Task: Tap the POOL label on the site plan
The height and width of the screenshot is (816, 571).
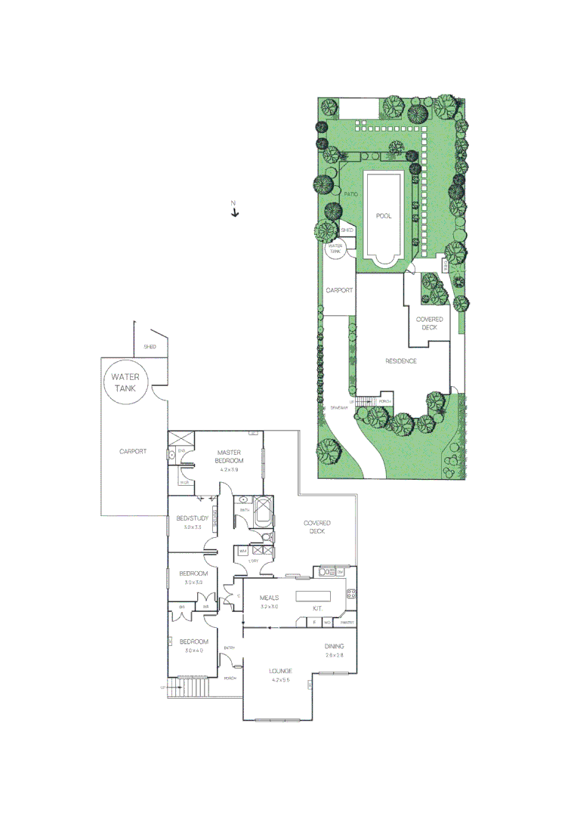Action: pos(384,216)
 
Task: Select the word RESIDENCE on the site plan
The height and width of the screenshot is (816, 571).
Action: pos(401,361)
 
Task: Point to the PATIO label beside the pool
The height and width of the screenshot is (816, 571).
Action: pos(350,194)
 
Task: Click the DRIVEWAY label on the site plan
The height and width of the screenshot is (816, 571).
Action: pos(339,408)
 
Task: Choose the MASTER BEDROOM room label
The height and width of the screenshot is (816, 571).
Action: pos(230,456)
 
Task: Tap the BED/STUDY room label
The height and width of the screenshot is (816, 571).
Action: pos(192,518)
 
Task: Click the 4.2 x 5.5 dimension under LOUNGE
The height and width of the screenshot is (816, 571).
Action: pos(281,680)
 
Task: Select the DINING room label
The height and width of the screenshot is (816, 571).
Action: pos(335,646)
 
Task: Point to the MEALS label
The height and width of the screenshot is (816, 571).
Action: pos(270,598)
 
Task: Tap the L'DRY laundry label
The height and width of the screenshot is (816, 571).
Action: pos(254,561)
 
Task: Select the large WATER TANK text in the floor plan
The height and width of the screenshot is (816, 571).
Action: pos(125,382)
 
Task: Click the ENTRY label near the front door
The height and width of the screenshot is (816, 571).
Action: pos(230,648)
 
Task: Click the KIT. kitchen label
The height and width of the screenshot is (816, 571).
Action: pos(318,608)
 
